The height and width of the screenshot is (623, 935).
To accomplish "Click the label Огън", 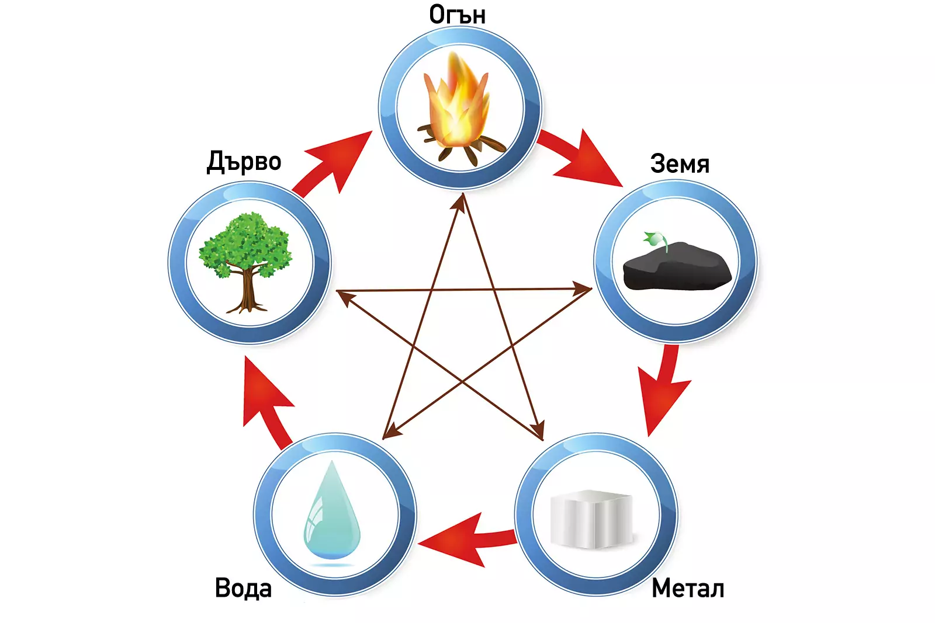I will pos(457,14).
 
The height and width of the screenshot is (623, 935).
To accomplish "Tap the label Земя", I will pos(680,164).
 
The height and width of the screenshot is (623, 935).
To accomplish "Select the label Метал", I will pos(688,588).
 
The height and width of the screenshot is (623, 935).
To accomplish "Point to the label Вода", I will pos(243,588).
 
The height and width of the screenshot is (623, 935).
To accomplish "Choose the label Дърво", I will pos(244,162).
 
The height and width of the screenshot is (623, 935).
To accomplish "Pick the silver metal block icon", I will pos(591,519).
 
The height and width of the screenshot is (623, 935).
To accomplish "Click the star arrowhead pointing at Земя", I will pos(582,288).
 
